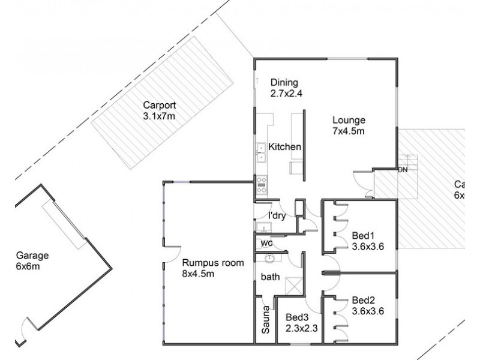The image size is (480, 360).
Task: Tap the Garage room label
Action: (x=32, y=255)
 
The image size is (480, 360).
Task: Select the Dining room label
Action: (x=284, y=82)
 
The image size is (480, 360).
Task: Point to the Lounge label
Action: (x=349, y=119)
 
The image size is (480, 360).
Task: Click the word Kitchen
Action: (x=284, y=147)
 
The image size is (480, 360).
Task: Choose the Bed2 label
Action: (x=364, y=300)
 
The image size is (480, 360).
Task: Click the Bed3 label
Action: (x=297, y=317)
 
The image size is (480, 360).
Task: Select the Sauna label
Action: (x=265, y=321)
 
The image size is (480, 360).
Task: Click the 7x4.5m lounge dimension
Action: (x=349, y=130)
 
